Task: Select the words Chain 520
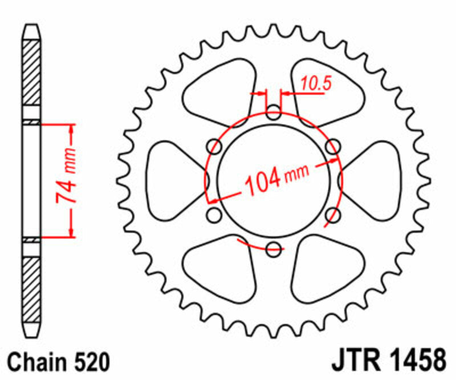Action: pyautogui.click(x=59, y=362)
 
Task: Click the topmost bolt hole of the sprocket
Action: pyautogui.click(x=274, y=111)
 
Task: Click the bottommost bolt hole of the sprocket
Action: pyautogui.click(x=274, y=248)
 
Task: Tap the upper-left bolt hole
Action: pyautogui.click(x=215, y=145)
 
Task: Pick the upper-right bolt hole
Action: pyautogui.click(x=333, y=145)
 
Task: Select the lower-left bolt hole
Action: pyautogui.click(x=215, y=215)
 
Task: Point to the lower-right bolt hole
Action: pyautogui.click(x=333, y=215)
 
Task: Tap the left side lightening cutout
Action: pyautogui.click(x=174, y=180)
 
